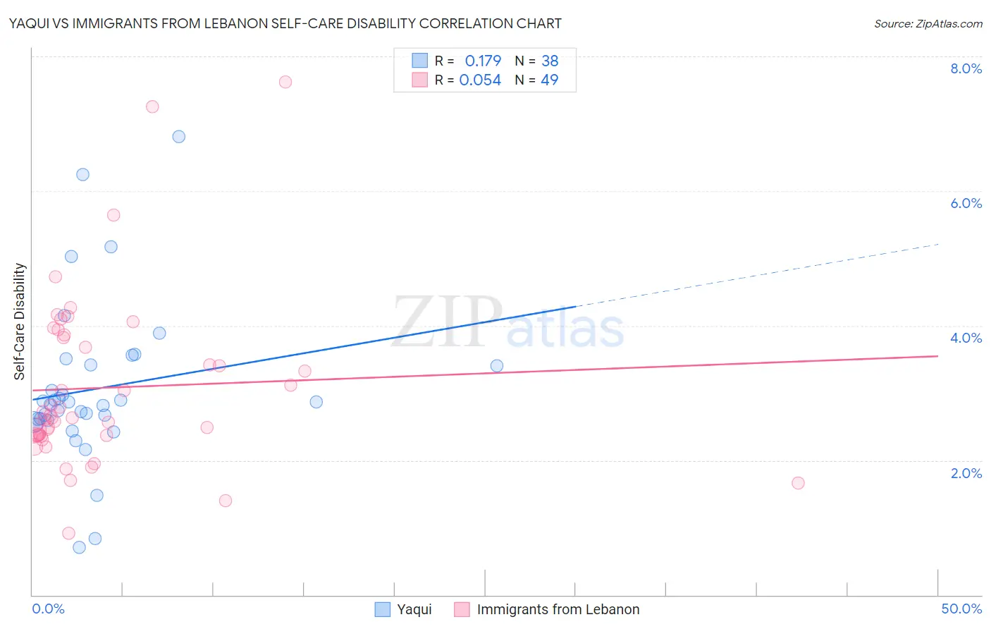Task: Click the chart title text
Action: (285, 23)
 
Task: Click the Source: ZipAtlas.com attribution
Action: (928, 23)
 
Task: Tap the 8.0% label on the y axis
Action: (966, 68)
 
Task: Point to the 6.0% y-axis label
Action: (966, 203)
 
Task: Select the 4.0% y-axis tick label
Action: (966, 338)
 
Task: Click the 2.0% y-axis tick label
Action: (966, 473)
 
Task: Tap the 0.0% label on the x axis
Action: (48, 609)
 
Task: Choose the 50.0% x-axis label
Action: (961, 609)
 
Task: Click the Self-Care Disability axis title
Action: (20, 322)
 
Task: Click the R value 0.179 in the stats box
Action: (483, 61)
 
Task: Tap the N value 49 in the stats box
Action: (549, 80)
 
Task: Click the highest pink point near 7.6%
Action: (285, 82)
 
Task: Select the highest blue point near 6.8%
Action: (179, 137)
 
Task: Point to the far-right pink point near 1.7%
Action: (798, 483)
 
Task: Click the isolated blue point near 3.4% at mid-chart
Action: (497, 366)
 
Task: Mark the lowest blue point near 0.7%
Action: (79, 547)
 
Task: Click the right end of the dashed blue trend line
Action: (938, 244)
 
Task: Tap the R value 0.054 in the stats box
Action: (480, 80)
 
